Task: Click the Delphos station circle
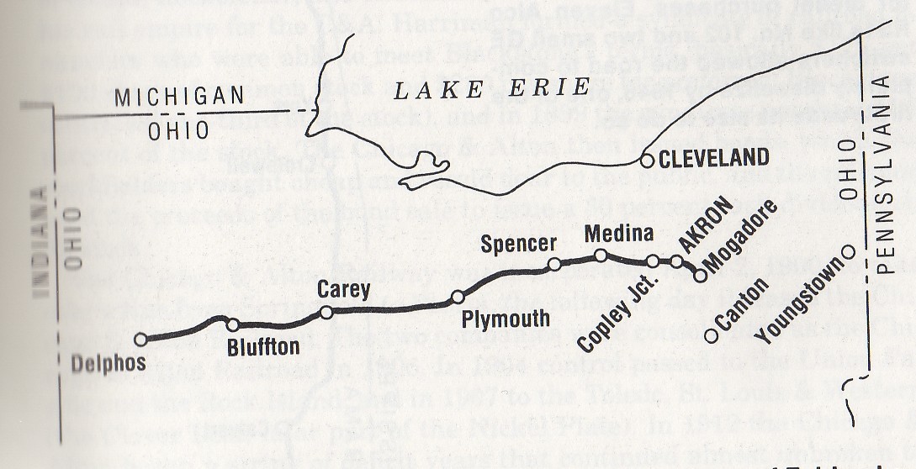pos(140,339)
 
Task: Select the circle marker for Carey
pos(326,312)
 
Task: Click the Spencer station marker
pos(554,265)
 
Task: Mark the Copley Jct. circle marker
pos(653,261)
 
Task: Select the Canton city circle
pos(711,335)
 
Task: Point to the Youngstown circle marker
pos(848,251)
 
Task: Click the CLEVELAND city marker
pos(647,161)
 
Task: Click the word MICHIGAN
pos(169,97)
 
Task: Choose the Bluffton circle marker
pos(233,324)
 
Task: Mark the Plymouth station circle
pos(458,297)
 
